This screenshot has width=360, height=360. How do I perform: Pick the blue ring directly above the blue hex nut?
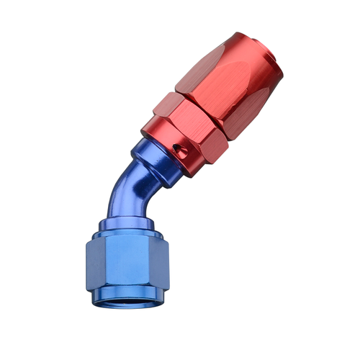[x=126, y=230]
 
